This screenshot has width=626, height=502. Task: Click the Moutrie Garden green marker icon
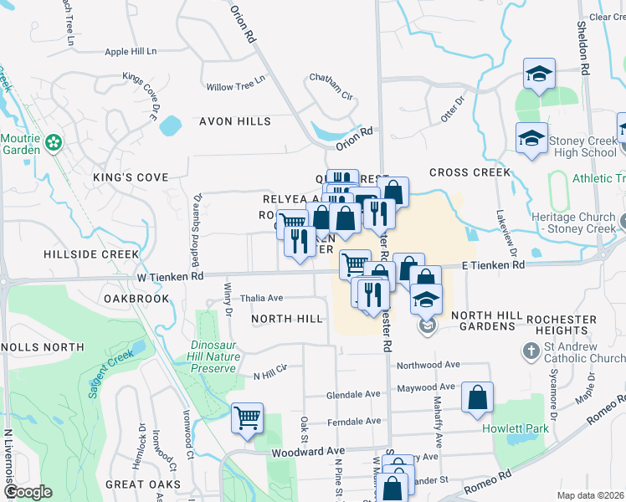(x=54, y=143)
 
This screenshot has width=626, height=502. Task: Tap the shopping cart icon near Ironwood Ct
(x=247, y=417)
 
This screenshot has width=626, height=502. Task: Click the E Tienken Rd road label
(x=494, y=264)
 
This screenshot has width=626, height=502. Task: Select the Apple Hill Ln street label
(x=131, y=52)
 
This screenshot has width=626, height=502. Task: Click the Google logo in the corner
(x=28, y=492)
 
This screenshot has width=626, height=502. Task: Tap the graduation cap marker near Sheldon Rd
(x=540, y=74)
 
